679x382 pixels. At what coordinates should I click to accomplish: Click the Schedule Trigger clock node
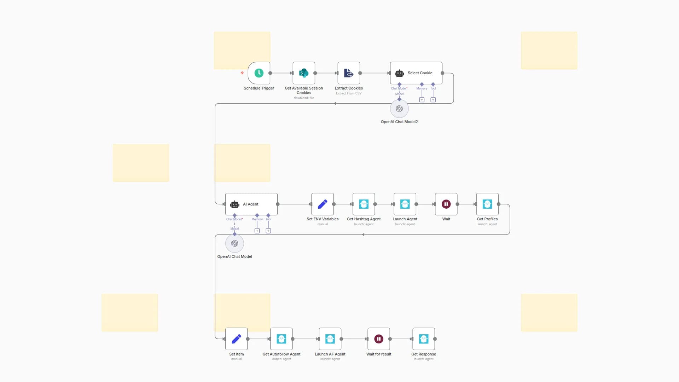[x=259, y=73]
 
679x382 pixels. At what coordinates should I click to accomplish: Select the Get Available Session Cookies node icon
[x=304, y=73]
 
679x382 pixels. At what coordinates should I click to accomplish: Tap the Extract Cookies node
[x=349, y=73]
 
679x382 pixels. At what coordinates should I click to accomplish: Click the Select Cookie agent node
[x=416, y=73]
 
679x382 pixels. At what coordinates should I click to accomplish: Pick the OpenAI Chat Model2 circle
[x=399, y=109]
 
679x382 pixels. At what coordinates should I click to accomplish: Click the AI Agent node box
[x=251, y=204]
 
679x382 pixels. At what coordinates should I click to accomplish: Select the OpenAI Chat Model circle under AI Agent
[x=234, y=244]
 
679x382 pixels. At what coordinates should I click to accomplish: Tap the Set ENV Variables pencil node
[x=323, y=204]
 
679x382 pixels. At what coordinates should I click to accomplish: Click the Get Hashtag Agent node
[x=364, y=204]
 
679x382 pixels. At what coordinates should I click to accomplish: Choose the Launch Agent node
[x=405, y=204]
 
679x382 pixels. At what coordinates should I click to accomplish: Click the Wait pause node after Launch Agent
[x=446, y=204]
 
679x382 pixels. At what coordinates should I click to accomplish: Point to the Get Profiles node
[x=487, y=204]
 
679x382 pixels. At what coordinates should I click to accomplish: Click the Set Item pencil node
[x=237, y=339]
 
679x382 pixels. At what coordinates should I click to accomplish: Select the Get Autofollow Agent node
[x=282, y=339]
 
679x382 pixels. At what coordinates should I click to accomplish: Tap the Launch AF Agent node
[x=330, y=339]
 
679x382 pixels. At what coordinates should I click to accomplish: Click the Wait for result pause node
[x=379, y=339]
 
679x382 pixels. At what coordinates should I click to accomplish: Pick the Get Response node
[x=424, y=339]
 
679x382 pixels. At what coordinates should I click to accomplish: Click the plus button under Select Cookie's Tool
[x=433, y=100]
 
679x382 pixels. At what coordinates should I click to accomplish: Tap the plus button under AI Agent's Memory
[x=257, y=231]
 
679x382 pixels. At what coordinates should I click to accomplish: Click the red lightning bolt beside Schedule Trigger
[x=242, y=73]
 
